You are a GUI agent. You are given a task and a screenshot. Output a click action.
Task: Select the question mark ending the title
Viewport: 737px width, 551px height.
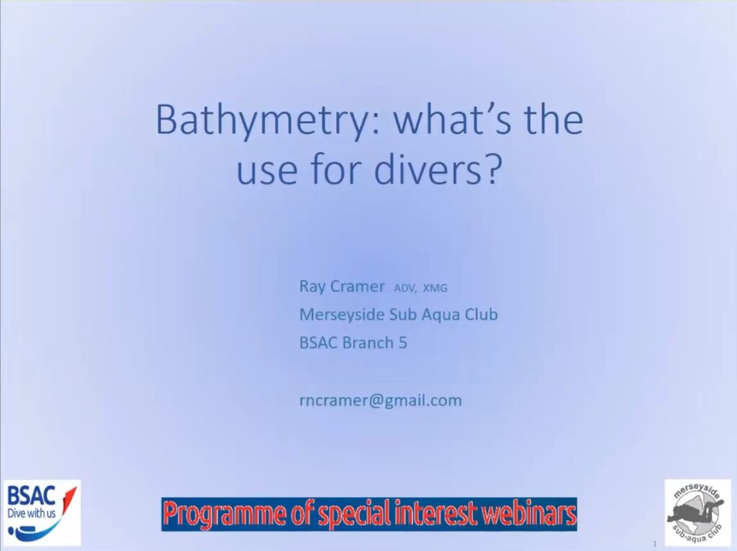coord(489,169)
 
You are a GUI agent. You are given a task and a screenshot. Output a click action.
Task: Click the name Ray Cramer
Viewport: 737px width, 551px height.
coord(342,286)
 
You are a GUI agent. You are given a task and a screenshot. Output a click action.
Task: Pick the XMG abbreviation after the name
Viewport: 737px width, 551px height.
coord(435,288)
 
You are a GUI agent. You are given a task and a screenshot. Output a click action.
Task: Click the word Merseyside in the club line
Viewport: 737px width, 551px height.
coord(342,315)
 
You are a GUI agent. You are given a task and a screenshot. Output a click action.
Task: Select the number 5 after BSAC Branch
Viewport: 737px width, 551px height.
coord(403,343)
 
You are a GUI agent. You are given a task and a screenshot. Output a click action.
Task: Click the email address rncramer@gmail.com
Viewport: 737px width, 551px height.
coord(381,400)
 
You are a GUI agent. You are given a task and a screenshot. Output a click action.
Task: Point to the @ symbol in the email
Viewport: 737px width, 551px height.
coord(376,401)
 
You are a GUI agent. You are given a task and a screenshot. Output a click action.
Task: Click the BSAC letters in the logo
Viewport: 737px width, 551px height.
coord(31,496)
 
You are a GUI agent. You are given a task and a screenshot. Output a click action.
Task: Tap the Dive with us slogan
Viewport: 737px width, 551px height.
coord(32,513)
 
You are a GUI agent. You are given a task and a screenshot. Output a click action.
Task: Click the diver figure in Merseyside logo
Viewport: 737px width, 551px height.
coord(693,513)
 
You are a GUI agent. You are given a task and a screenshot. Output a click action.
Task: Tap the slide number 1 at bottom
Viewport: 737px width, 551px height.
coord(654,544)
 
